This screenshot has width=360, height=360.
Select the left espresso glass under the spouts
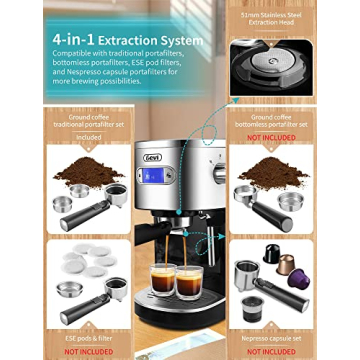click(x=162, y=281)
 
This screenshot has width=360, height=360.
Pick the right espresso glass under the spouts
click(x=191, y=283)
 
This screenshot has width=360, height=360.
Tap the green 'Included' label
click(x=90, y=137)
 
